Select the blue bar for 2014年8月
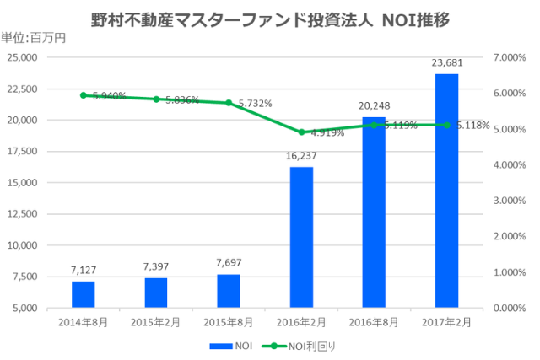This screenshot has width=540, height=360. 84,294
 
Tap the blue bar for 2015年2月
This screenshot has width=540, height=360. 156,293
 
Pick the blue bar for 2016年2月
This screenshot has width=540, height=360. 301,238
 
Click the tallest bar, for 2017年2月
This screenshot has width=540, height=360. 446,191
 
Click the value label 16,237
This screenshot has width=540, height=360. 301,154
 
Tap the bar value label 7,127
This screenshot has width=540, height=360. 84,269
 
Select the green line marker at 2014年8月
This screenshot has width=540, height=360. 84,95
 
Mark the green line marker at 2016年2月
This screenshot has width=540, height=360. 301,132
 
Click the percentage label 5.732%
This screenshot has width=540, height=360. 255,104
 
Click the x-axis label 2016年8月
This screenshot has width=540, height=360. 374,321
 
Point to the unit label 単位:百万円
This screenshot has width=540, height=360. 33,37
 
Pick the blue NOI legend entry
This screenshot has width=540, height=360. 231,346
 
